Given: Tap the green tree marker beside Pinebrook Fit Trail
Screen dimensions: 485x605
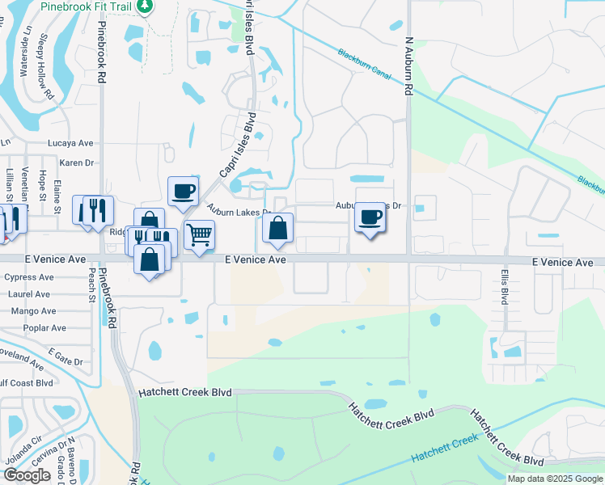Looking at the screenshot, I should pyautogui.click(x=145, y=6).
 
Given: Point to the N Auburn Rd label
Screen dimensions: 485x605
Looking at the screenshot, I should pyautogui.click(x=408, y=64).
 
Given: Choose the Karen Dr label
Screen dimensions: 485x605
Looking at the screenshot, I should pyautogui.click(x=77, y=162).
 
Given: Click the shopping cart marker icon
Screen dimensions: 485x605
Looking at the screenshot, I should pyautogui.click(x=198, y=234).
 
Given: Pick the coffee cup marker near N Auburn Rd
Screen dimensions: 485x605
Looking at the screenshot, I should pyautogui.click(x=370, y=217).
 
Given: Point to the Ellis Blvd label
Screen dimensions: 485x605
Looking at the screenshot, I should pyautogui.click(x=504, y=286).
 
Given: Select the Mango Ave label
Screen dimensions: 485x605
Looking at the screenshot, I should pyautogui.click(x=33, y=311).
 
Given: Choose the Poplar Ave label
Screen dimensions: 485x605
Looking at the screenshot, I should pyautogui.click(x=45, y=328).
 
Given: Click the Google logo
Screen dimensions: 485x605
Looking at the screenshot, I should pyautogui.click(x=27, y=475).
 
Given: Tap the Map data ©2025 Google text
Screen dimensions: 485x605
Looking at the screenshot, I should pyautogui.click(x=554, y=479).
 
